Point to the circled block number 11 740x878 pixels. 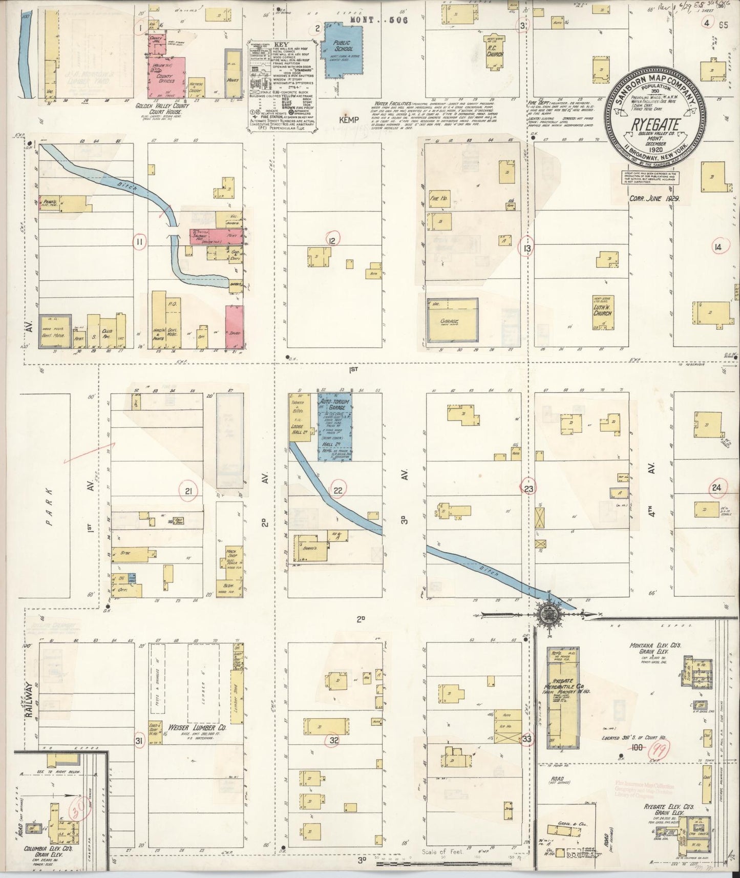[x=139, y=242]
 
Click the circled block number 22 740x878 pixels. [x=338, y=490]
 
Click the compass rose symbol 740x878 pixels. [x=547, y=614]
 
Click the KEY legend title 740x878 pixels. [x=281, y=44]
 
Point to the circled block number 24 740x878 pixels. [x=716, y=488]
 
